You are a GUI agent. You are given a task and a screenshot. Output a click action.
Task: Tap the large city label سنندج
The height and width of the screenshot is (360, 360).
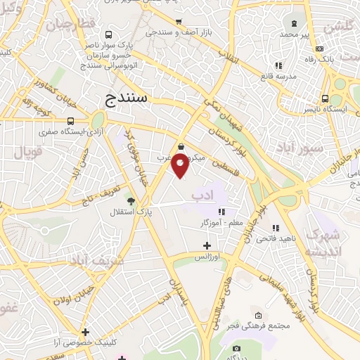(127, 97)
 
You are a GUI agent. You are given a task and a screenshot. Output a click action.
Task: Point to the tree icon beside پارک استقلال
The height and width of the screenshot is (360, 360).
(130, 200)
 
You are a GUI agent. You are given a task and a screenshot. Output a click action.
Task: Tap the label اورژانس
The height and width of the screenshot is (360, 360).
(207, 257)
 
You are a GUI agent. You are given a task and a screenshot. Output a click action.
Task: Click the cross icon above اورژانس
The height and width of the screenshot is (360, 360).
(207, 245)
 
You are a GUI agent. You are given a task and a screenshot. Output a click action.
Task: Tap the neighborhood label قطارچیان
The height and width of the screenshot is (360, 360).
(70, 24)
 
